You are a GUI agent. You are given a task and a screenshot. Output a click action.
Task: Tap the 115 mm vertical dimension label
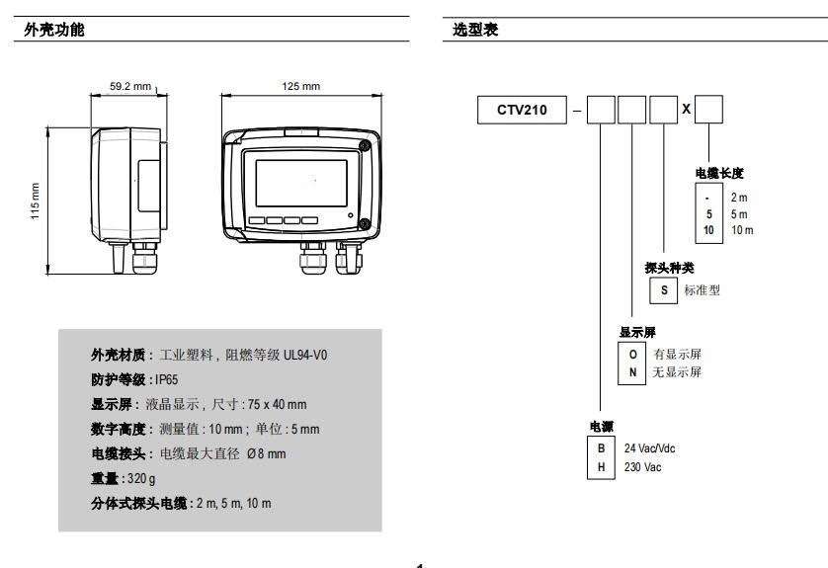(x=37, y=203)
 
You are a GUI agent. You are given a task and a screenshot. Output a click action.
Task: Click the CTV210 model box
(x=521, y=110)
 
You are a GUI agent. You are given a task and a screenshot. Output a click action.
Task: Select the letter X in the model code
(x=686, y=109)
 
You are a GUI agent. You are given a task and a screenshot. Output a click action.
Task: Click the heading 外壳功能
(x=54, y=30)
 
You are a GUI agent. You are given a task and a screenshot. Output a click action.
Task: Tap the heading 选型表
(x=475, y=30)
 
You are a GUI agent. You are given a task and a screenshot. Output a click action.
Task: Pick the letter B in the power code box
(x=601, y=447)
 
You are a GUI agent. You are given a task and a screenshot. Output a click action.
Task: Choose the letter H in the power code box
(x=601, y=466)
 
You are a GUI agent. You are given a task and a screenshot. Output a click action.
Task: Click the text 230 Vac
(x=642, y=466)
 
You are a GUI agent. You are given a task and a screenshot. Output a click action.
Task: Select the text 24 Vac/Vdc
(x=649, y=447)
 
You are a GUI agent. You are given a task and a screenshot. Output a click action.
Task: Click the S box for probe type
(x=664, y=289)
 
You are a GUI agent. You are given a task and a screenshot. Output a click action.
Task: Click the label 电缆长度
(x=721, y=174)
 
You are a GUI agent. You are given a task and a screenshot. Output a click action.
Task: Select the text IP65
(x=167, y=379)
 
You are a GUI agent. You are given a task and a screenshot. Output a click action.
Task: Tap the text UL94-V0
(x=304, y=355)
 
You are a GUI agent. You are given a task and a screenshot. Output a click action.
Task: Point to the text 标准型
(x=702, y=289)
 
